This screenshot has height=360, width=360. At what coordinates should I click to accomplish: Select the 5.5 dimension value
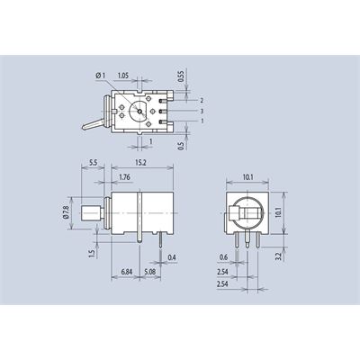(x=94, y=163)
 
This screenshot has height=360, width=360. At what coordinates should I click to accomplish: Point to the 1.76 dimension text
(x=124, y=177)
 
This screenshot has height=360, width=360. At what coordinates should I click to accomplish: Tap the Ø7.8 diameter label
(x=66, y=213)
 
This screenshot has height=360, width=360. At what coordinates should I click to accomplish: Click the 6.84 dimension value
(x=127, y=272)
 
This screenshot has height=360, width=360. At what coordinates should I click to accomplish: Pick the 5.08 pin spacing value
(x=150, y=272)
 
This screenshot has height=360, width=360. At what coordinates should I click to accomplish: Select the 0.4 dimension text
(x=172, y=257)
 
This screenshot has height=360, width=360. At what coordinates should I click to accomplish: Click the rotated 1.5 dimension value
(x=92, y=254)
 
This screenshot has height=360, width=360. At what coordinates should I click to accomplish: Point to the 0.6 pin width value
(x=223, y=257)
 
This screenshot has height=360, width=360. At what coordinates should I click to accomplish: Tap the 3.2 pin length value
(x=279, y=256)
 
